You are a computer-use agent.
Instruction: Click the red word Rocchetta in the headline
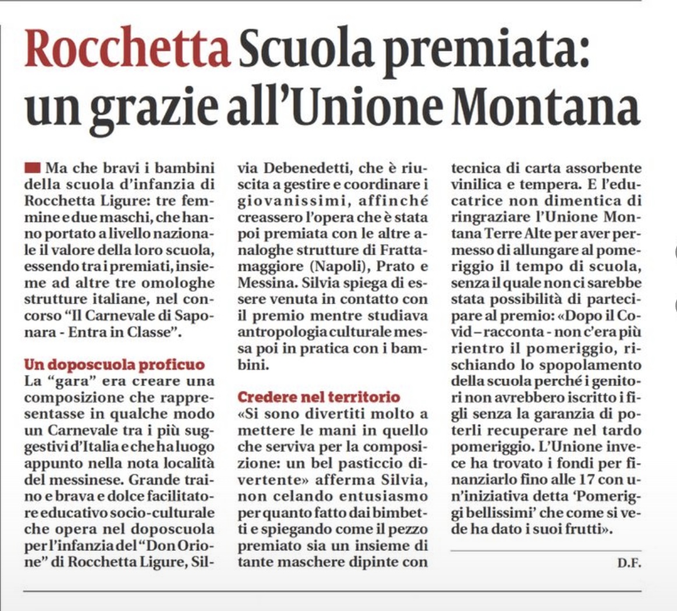pyautogui.click(x=127, y=50)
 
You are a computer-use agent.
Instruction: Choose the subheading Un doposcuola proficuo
pyautogui.click(x=115, y=365)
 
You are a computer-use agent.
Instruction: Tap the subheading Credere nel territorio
pyautogui.click(x=319, y=397)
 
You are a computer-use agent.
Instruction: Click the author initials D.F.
pyautogui.click(x=629, y=564)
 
